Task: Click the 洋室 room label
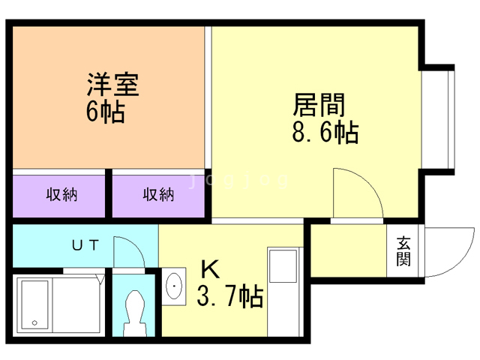tap(112, 84)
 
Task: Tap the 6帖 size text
tap(105, 112)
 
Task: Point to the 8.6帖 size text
tap(323, 133)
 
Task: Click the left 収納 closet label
tap(63, 195)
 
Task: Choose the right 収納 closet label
tap(159, 195)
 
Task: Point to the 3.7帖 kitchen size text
tap(229, 298)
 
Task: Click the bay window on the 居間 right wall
tap(439, 117)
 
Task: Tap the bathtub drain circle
tap(34, 323)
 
